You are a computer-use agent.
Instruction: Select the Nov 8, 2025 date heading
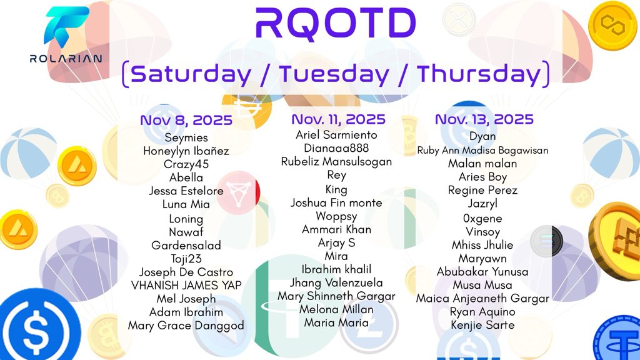(186, 120)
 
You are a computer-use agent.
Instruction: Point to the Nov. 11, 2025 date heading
(338, 119)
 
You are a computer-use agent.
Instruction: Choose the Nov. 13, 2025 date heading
(484, 119)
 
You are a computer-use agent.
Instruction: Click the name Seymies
(186, 137)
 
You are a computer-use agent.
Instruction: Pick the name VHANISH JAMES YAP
(186, 286)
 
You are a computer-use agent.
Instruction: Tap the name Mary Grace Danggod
(186, 326)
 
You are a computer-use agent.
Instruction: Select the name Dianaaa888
(336, 148)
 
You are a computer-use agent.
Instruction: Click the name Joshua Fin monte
(336, 202)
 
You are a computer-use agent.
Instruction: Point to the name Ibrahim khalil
(336, 269)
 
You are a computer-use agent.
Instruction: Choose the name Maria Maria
(336, 323)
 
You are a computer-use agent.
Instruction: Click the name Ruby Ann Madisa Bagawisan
(483, 150)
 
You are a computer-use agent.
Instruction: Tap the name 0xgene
(483, 219)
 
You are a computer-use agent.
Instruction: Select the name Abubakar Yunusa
(483, 272)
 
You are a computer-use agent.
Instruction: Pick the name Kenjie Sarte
(483, 325)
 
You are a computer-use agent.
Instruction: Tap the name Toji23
(186, 259)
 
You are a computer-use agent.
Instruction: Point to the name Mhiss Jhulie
(483, 245)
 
